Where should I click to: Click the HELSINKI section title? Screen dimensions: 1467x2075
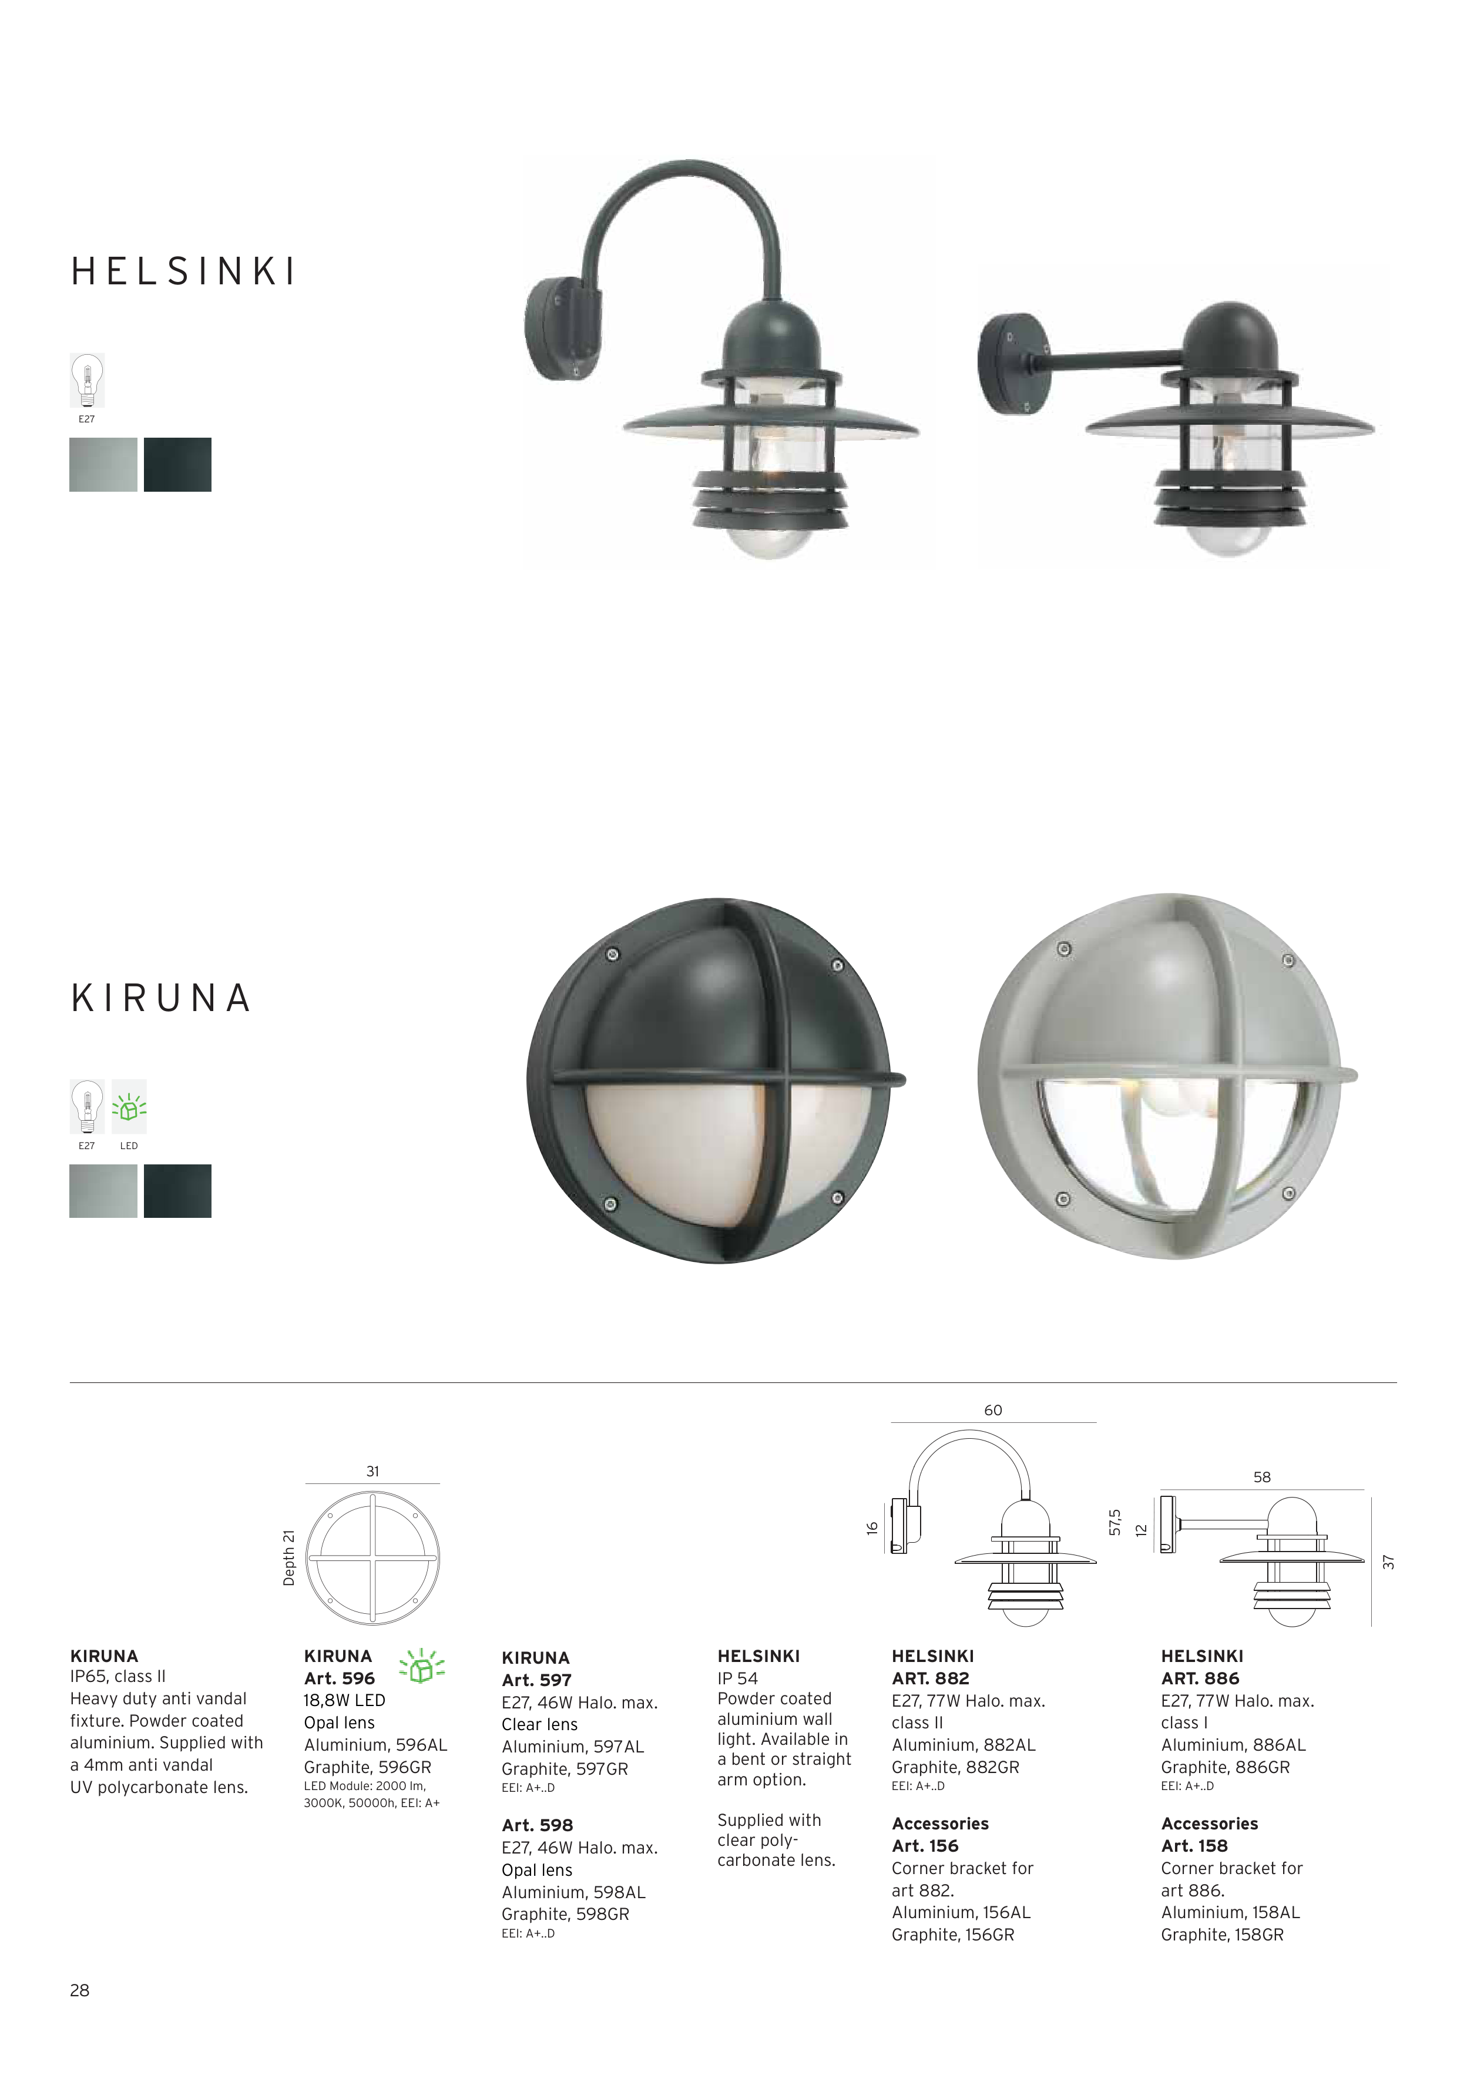[x=183, y=271]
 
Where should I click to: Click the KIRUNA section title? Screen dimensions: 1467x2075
[x=160, y=998]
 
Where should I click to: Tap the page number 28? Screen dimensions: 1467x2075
[x=79, y=1990]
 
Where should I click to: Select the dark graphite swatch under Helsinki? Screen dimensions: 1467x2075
[x=177, y=465]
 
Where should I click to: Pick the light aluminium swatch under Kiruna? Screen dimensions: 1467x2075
[x=103, y=1191]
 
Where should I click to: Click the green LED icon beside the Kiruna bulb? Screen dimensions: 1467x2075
[x=128, y=1107]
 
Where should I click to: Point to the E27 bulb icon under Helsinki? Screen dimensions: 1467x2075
[x=87, y=381]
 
